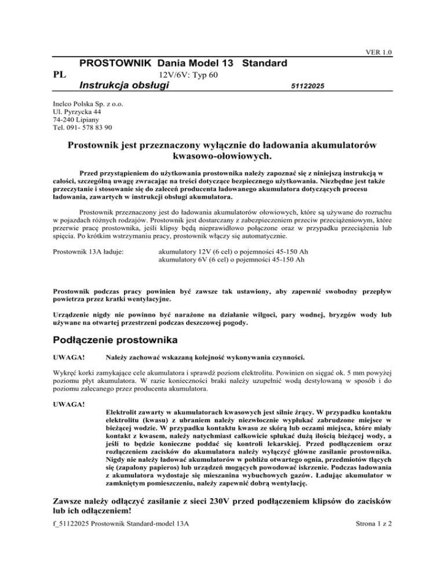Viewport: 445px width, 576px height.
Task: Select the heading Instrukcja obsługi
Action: pos(123,86)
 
